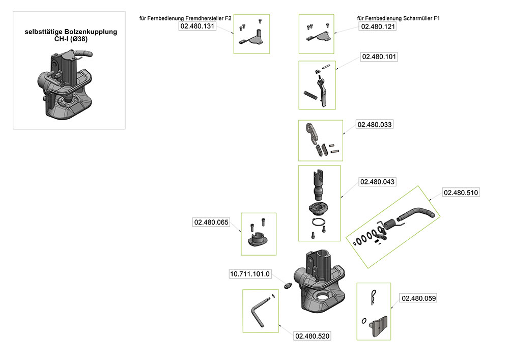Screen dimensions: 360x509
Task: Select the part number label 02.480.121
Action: (378, 26)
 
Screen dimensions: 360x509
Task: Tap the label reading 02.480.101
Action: (379, 57)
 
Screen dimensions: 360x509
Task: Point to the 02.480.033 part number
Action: (375, 124)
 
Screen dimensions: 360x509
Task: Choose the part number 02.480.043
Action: (377, 182)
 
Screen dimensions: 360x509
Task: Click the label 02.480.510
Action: (461, 192)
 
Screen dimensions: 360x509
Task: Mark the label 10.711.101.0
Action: (250, 274)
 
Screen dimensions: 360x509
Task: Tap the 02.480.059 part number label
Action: (418, 298)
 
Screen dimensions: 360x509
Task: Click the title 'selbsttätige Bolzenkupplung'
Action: (71, 32)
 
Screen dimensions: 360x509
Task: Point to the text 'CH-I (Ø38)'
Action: (71, 39)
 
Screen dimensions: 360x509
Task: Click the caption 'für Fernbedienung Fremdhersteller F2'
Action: (185, 18)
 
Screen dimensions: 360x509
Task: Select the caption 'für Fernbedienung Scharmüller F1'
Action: (399, 18)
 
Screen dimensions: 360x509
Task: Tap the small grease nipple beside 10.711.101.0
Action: (289, 286)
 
